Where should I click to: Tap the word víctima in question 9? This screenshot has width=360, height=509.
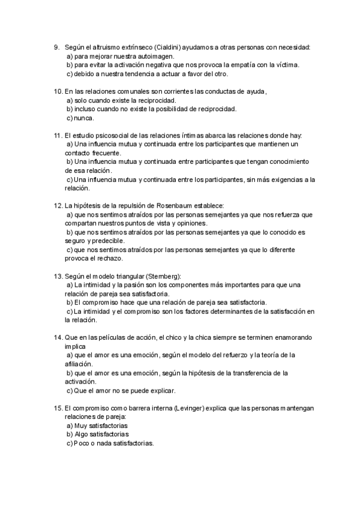coord(286,65)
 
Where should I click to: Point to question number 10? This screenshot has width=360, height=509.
coord(58,91)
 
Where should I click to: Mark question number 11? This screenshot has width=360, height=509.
coord(58,136)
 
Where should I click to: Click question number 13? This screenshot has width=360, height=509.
coord(58,276)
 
